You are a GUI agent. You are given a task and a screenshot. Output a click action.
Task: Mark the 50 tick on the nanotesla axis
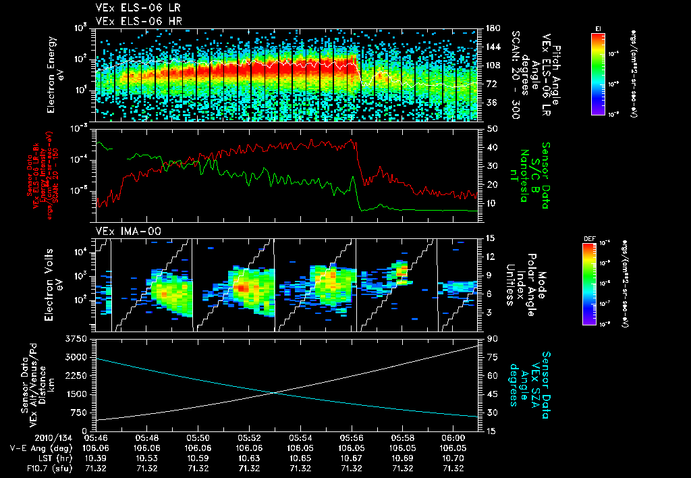tap(492, 128)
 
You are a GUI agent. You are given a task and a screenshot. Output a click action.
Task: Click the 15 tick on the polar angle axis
tap(490, 238)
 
